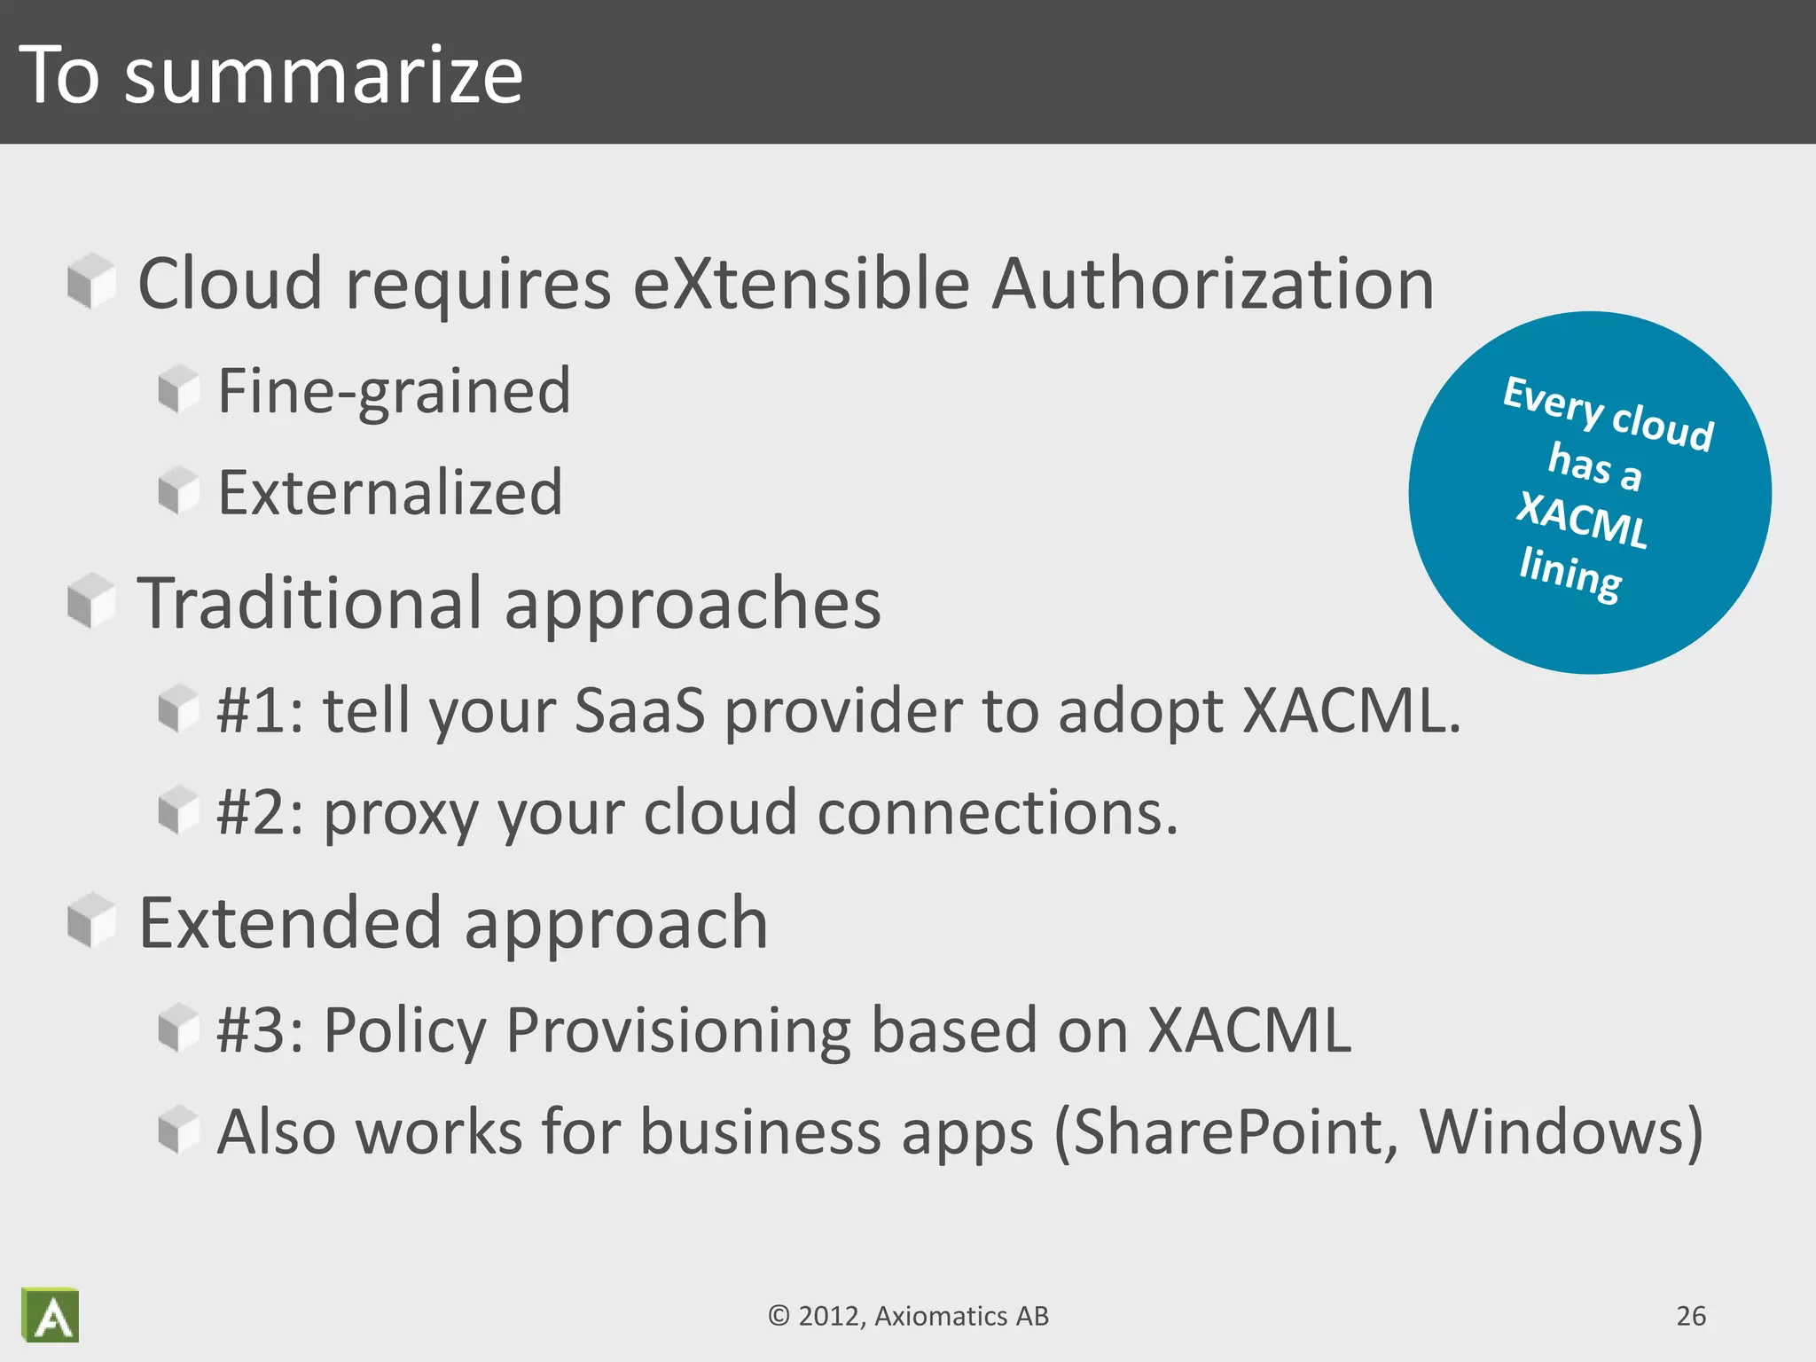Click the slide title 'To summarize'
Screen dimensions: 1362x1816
(270, 75)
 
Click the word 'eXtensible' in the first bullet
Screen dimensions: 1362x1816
(801, 284)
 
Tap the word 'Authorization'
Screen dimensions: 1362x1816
(1212, 284)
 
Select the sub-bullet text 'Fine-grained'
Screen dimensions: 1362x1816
(394, 390)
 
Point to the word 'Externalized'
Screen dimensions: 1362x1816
(390, 492)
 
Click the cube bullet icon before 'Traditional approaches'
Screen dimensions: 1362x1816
(91, 600)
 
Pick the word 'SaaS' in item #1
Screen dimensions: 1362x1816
(639, 711)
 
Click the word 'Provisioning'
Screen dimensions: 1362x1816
(677, 1030)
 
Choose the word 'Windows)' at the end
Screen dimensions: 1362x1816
(1562, 1132)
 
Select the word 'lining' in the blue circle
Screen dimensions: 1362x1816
(1570, 574)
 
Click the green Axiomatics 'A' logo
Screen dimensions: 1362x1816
(51, 1315)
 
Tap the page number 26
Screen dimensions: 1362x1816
(1691, 1316)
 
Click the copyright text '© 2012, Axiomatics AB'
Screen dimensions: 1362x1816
(908, 1316)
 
